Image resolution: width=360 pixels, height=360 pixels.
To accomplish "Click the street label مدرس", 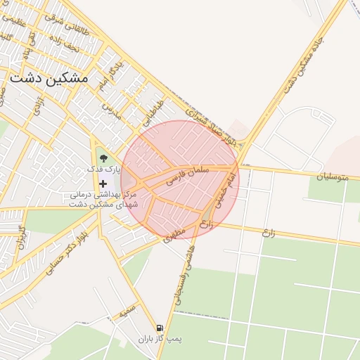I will [112, 109].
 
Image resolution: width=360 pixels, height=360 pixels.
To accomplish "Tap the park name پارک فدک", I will [104, 169].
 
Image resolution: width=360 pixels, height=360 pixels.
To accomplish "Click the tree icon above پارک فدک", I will [104, 158].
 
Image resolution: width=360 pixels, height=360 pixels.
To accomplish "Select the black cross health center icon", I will [103, 183].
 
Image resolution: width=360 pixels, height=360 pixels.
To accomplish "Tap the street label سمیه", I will [127, 312].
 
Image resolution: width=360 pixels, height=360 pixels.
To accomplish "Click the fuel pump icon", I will [160, 328].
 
